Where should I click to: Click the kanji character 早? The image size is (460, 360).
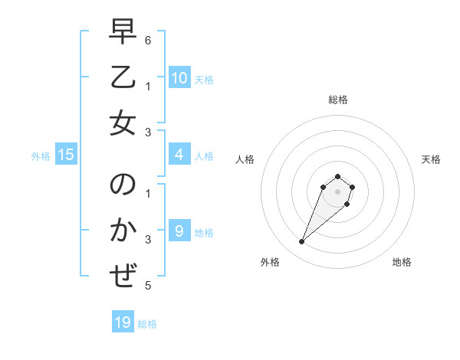pos(122,32)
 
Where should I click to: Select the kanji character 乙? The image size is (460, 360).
pos(122,79)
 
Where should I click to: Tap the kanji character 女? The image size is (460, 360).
pos(122,124)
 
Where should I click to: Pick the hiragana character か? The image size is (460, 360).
pos(122,231)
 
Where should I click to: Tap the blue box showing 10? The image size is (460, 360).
pos(179,77)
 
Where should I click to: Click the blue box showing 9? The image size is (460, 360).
pos(179,231)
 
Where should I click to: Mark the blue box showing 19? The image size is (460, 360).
pos(123,322)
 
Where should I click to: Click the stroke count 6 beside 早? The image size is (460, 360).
pos(148,40)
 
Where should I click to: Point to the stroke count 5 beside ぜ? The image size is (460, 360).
pos(148,286)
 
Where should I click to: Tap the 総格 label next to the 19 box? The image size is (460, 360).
pos(147,324)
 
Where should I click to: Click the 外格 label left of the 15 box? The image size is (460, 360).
pos(41,156)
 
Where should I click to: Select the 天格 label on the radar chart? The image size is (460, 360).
pos(431,159)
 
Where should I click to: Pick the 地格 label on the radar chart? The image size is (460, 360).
pos(402,263)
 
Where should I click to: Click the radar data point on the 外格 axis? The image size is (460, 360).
pos(302,242)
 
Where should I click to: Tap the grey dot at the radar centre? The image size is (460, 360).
pos(337,191)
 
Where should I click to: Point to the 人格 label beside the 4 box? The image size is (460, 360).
pos(204,156)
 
